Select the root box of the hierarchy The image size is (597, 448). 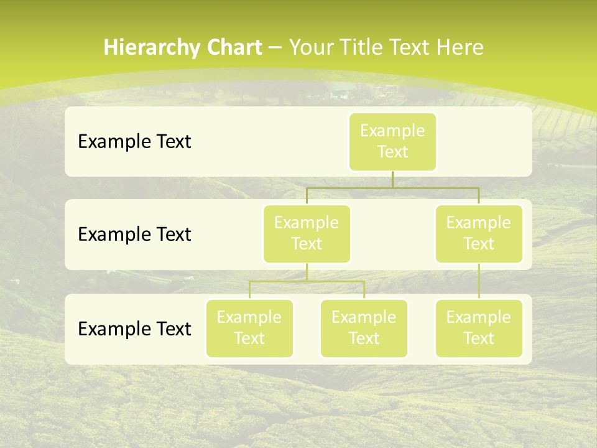click(x=392, y=141)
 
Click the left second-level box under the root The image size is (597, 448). click(x=307, y=233)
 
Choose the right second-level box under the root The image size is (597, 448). click(x=479, y=233)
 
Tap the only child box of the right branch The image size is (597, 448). click(x=479, y=328)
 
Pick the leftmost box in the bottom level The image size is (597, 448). click(x=249, y=328)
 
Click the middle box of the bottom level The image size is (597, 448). click(x=364, y=328)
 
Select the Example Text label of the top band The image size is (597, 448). click(x=134, y=141)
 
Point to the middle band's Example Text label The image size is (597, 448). click(x=134, y=234)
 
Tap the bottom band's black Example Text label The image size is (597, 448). click(x=134, y=329)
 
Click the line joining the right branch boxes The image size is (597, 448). click(x=479, y=281)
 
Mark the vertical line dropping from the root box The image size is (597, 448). click(x=392, y=179)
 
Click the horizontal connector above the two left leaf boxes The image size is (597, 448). click(x=307, y=281)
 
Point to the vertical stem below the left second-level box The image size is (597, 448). click(x=307, y=272)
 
